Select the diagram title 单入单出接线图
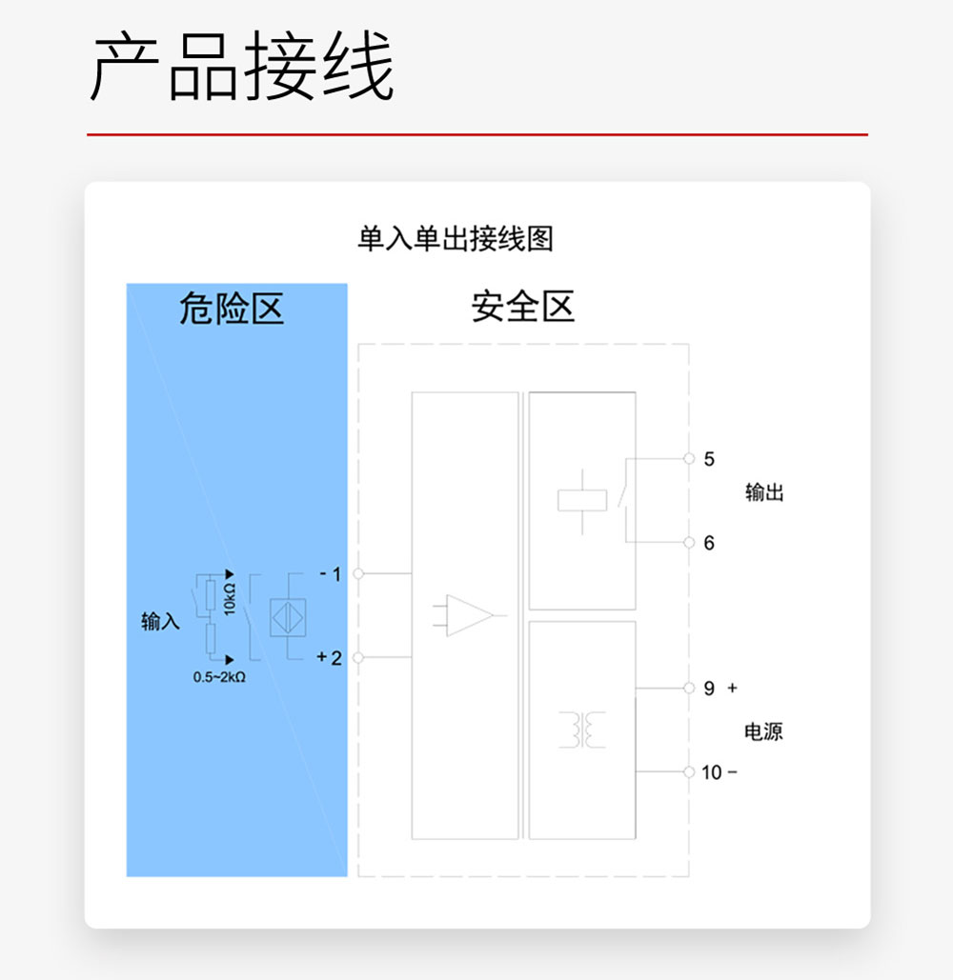tap(455, 238)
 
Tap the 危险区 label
tap(232, 309)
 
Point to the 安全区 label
tap(522, 308)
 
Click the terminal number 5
tap(709, 459)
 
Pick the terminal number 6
tap(709, 543)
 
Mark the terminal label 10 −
tap(719, 772)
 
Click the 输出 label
tap(764, 492)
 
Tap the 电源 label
tap(763, 731)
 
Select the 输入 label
tap(160, 622)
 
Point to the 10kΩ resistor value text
tap(230, 599)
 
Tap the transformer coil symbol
tap(581, 730)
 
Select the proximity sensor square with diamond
tap(289, 616)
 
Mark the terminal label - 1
tap(330, 574)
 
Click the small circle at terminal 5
tap(689, 459)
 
